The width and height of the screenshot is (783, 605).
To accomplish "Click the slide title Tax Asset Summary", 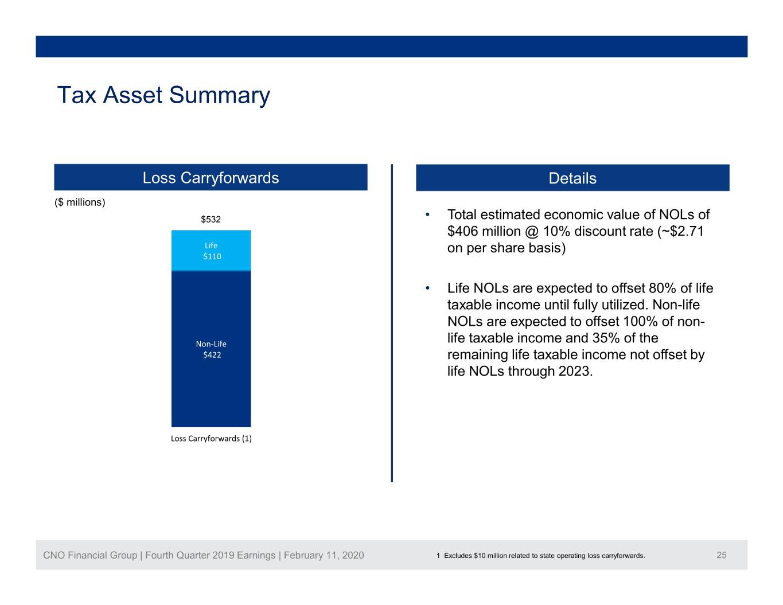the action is point(163,95).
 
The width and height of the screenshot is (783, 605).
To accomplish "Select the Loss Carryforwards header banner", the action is point(211,177).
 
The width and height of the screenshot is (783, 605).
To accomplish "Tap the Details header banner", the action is point(572,178).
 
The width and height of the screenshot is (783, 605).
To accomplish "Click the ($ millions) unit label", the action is point(80,202).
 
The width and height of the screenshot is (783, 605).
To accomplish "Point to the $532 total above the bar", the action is point(211,219).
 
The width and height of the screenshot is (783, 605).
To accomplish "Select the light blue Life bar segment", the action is point(211,250).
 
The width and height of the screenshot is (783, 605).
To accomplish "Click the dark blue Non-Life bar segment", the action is point(211,349).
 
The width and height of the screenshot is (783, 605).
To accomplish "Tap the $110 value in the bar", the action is point(212,256).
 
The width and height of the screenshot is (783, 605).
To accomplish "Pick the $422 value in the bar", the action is point(212,355).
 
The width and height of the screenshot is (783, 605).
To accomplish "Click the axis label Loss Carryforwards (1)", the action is point(211,439).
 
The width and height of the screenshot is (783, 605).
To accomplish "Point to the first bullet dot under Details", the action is point(427,215).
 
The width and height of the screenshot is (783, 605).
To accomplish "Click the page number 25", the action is point(722,555).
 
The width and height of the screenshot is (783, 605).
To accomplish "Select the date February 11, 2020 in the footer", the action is point(324,555).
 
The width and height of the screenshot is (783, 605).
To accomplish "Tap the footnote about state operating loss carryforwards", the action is point(540,556).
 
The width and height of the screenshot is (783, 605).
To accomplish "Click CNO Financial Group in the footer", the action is point(90,555).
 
